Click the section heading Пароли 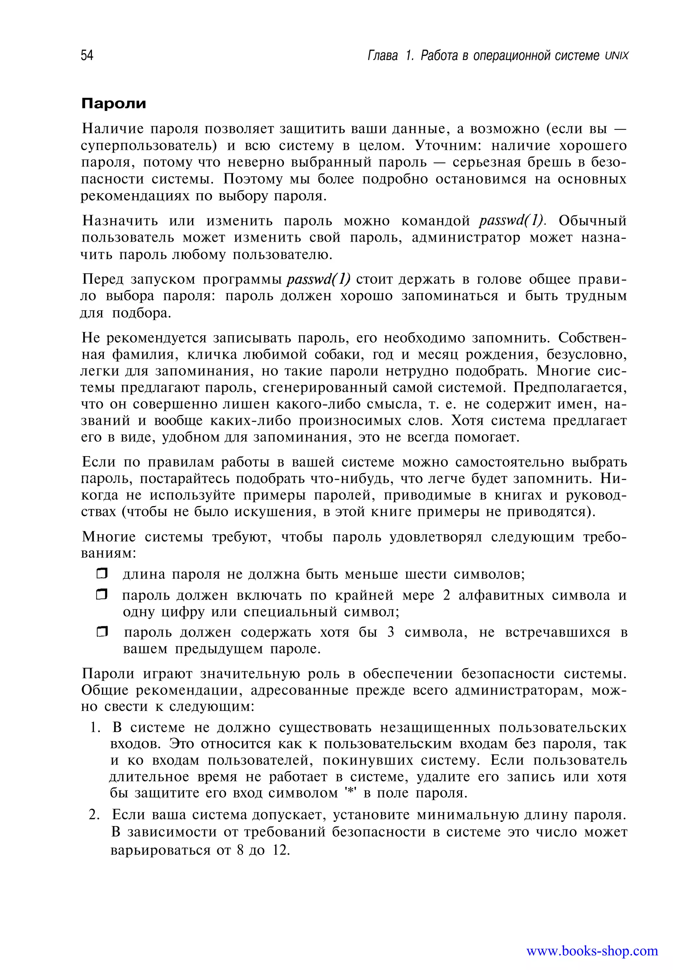click(x=113, y=104)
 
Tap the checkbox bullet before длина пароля click(x=102, y=574)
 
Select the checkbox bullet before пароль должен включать click(x=102, y=595)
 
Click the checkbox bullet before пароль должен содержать click(x=102, y=632)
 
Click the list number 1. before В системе click(x=95, y=728)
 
